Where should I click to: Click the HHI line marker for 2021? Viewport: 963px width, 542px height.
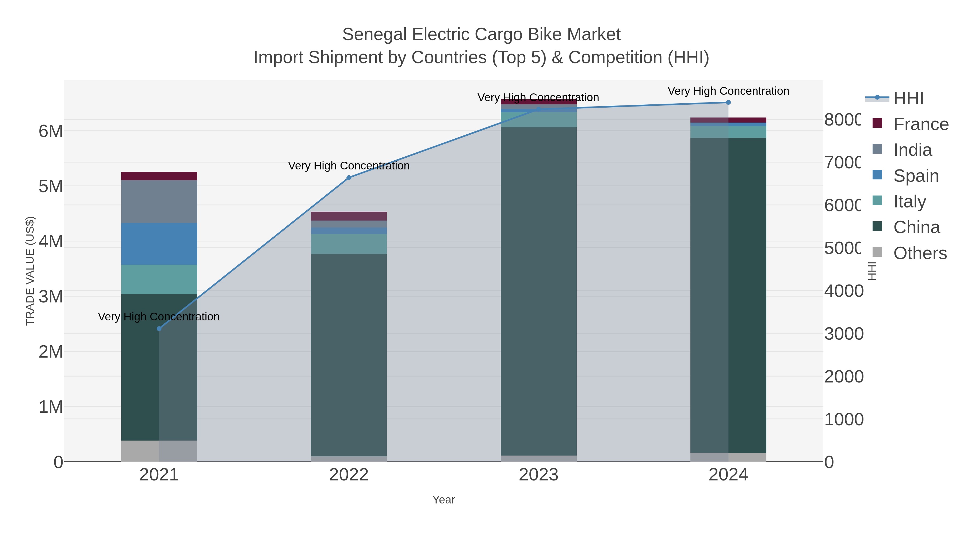(159, 328)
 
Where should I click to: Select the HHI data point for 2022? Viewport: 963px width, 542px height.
(349, 178)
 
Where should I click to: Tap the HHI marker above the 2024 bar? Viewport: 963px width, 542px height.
(728, 103)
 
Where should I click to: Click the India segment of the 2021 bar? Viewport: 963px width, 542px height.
(159, 202)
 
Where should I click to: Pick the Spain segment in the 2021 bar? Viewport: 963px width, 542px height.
(159, 244)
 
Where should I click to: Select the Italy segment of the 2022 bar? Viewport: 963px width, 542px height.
(349, 244)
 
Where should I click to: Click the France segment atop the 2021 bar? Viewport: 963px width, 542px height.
(159, 176)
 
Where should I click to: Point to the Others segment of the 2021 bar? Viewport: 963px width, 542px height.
(159, 451)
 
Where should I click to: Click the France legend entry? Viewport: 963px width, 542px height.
(921, 124)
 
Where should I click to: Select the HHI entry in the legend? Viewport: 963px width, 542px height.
(908, 98)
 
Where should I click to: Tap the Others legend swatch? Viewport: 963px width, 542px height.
(877, 252)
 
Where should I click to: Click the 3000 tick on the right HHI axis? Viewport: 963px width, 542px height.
(844, 334)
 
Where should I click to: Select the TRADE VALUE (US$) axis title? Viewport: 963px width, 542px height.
(30, 271)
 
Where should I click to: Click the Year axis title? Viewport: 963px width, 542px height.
(443, 500)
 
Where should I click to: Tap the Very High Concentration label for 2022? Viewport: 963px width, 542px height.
(349, 166)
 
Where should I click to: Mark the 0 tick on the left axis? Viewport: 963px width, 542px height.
(58, 462)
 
